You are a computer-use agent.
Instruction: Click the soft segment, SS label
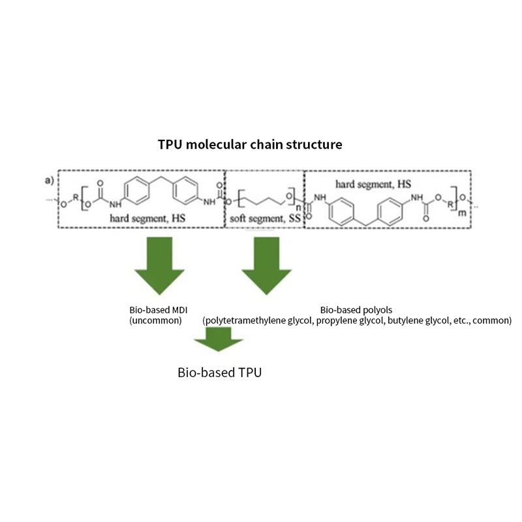265,219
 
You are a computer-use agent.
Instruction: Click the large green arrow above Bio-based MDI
157,265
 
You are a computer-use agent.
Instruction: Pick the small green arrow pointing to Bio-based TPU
219,341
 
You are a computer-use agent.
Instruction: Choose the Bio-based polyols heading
356,310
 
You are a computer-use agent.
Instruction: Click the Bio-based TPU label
219,373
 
